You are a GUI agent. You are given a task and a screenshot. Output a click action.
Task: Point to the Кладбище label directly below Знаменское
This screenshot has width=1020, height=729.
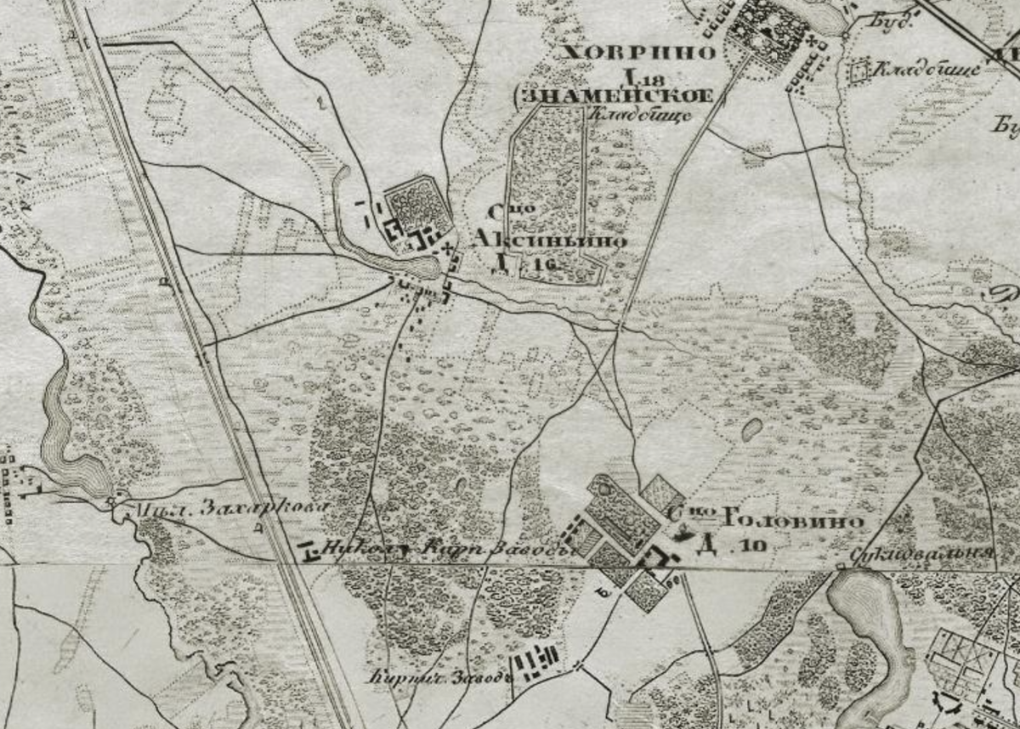(x=627, y=115)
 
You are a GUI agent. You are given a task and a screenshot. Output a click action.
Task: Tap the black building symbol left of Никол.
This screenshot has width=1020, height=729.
(x=309, y=553)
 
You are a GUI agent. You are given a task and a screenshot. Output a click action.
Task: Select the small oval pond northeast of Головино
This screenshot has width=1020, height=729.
(x=751, y=430)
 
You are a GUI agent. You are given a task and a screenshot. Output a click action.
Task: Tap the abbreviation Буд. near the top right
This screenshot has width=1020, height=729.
(x=892, y=21)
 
